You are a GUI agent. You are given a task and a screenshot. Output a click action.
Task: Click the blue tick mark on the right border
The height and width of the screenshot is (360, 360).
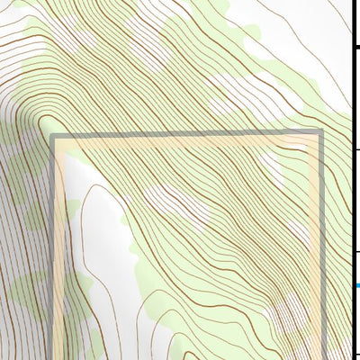(356, 286)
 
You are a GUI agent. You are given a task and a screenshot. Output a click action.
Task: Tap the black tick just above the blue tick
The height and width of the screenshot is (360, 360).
(356, 252)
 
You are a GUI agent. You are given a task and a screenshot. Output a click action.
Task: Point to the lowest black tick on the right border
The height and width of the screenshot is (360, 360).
(356, 354)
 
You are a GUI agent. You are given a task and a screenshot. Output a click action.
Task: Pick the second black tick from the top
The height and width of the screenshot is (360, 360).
(356, 149)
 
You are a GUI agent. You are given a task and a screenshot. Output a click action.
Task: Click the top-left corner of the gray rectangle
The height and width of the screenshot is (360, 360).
(53, 136)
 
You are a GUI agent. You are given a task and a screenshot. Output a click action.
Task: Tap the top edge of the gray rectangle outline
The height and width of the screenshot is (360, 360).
(180, 135)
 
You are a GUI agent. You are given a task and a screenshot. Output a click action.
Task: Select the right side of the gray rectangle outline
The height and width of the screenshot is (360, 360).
(320, 243)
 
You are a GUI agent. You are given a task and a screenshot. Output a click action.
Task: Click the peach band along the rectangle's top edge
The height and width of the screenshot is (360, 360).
(180, 141)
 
